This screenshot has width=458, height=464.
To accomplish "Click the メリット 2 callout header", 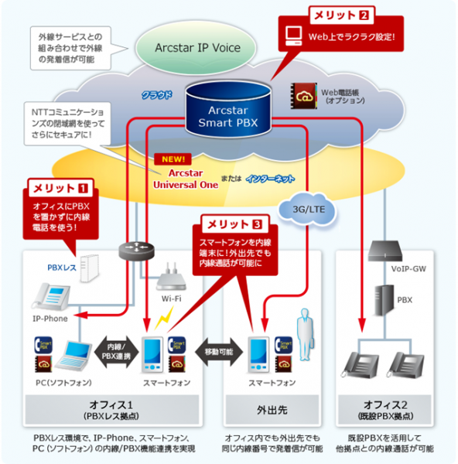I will (343, 15).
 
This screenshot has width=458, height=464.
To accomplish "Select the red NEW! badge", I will (171, 159).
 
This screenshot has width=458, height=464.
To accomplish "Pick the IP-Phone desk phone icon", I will (50, 295).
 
